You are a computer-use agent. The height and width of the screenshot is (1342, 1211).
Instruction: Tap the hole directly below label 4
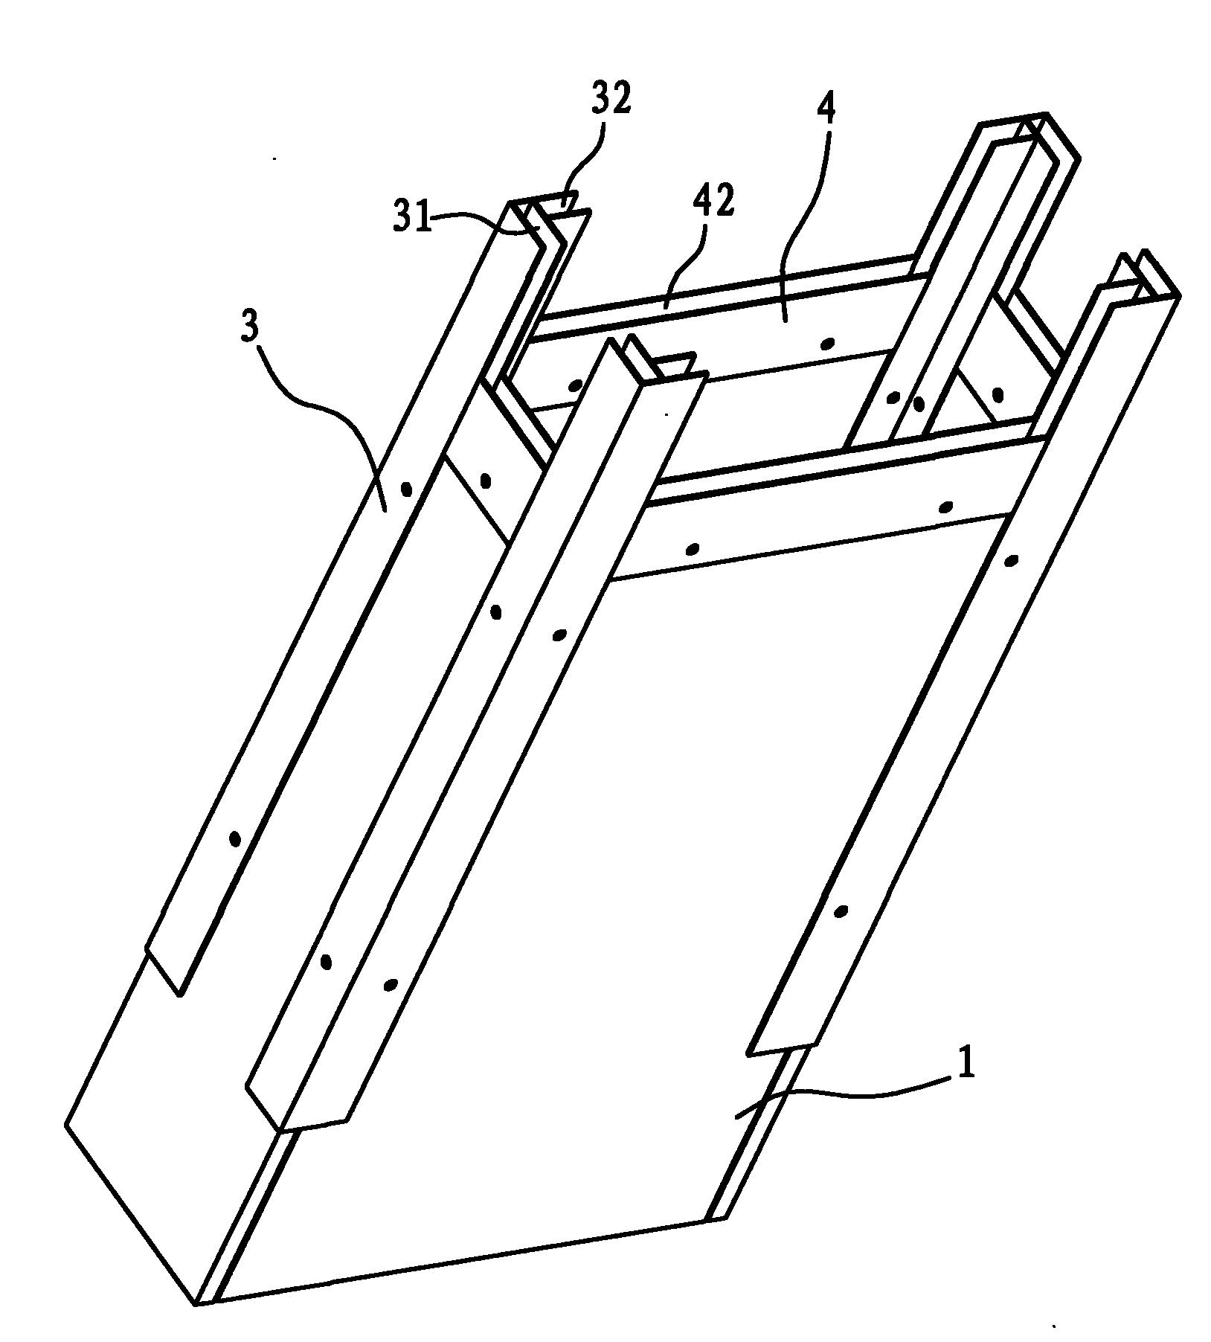tap(826, 343)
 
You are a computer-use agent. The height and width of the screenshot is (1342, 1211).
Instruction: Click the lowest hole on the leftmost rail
tap(234, 838)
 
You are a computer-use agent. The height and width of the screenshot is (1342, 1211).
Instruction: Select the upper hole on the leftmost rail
tap(405, 489)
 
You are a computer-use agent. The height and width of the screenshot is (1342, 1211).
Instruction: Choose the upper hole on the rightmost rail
tap(1010, 560)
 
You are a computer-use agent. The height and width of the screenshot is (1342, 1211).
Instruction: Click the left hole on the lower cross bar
tap(692, 549)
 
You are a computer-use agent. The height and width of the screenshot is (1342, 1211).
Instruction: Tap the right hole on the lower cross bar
tap(945, 507)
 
